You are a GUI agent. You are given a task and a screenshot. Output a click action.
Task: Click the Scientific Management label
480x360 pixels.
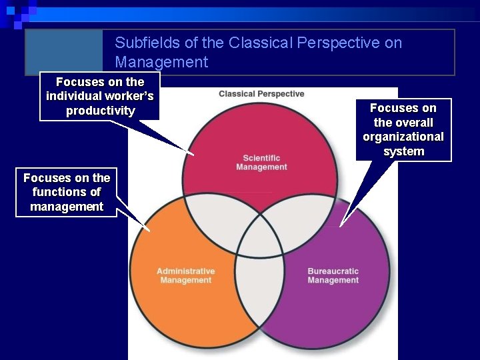261,163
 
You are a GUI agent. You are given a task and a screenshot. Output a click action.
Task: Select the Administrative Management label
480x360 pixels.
185,275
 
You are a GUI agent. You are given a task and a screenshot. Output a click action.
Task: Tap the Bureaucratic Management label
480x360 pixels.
333,275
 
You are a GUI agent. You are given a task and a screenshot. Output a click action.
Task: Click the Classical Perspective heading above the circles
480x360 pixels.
261,94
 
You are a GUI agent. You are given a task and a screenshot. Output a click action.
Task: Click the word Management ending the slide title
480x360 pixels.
161,63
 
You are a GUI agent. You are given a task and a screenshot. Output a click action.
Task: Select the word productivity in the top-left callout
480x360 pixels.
100,111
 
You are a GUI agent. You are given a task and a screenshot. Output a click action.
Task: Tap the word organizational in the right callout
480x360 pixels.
403,137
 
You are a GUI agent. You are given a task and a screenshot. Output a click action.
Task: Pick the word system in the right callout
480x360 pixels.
403,151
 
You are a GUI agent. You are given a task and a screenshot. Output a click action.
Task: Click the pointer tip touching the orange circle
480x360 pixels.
151,231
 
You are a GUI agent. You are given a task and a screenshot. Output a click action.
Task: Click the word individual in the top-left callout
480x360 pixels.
74,96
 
